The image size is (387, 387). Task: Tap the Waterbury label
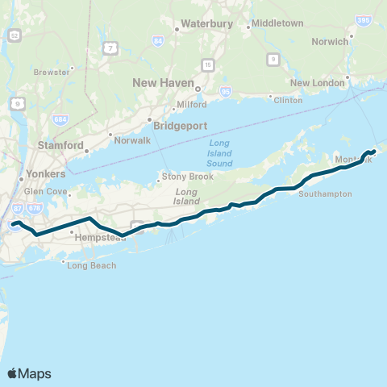(207, 24)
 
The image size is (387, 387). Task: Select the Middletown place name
(277, 23)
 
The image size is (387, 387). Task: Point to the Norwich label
(331, 41)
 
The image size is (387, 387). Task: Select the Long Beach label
(92, 265)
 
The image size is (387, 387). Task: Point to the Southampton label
(325, 194)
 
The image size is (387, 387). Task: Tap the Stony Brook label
(188, 177)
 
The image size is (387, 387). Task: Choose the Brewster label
(52, 72)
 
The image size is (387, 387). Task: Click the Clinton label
(288, 100)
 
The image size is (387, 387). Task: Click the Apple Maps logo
(29, 373)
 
